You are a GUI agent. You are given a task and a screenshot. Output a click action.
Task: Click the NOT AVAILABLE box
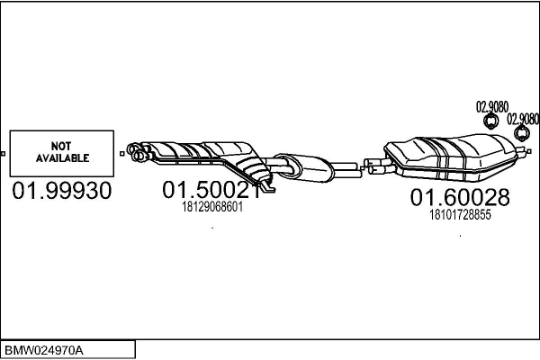tap(62, 152)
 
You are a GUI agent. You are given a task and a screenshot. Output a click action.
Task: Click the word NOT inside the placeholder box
tap(62, 146)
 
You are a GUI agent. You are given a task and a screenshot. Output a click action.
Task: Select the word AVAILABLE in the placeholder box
tap(62, 158)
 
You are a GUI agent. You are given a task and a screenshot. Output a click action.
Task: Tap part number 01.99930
tap(62, 192)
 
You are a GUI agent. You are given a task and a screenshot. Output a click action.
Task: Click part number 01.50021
tap(211, 191)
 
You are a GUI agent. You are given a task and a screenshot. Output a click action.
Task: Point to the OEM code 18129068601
tap(211, 207)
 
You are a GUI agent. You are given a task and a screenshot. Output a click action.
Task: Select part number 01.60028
tap(460, 197)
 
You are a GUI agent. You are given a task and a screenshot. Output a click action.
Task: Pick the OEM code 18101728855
tap(460, 214)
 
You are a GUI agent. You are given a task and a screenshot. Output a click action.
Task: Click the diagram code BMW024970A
tap(45, 349)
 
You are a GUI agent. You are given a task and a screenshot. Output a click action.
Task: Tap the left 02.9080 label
tap(491, 107)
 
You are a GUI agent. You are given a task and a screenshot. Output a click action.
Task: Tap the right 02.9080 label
tap(523, 118)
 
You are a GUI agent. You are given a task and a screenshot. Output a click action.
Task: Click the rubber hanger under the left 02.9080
tap(491, 122)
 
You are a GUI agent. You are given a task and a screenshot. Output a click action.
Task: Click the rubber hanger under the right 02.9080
tap(521, 134)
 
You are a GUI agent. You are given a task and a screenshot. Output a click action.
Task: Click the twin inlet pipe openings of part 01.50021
tap(138, 152)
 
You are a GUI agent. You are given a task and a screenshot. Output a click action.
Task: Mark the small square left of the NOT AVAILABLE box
tap(4, 153)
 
